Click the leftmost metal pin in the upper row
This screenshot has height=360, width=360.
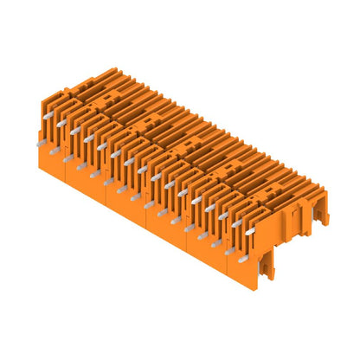pos(61,122)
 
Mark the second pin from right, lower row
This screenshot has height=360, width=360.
pos(216,241)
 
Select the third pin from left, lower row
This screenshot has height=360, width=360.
pos(82,165)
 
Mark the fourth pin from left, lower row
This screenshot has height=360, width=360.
pos(95,172)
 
